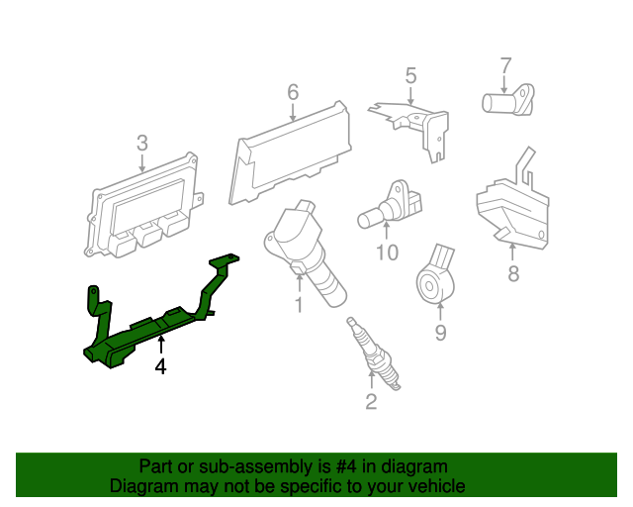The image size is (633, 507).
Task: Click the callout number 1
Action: pyautogui.click(x=298, y=307)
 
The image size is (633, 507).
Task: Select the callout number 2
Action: pyautogui.click(x=371, y=402)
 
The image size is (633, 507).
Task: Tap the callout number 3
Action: pyautogui.click(x=142, y=142)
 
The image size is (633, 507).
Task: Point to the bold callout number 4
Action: pyautogui.click(x=160, y=367)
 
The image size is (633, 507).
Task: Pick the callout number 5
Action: pyautogui.click(x=410, y=74)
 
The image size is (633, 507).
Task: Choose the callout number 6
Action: pyautogui.click(x=293, y=92)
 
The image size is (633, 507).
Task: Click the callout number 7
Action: pyautogui.click(x=505, y=65)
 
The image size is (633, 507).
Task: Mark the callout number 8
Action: pyautogui.click(x=512, y=274)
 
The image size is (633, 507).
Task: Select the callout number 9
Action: pyautogui.click(x=440, y=333)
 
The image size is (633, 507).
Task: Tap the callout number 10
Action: pyautogui.click(x=387, y=253)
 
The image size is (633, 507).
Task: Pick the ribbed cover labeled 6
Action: pyautogui.click(x=292, y=149)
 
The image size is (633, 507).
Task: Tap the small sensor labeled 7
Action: pyautogui.click(x=506, y=100)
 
